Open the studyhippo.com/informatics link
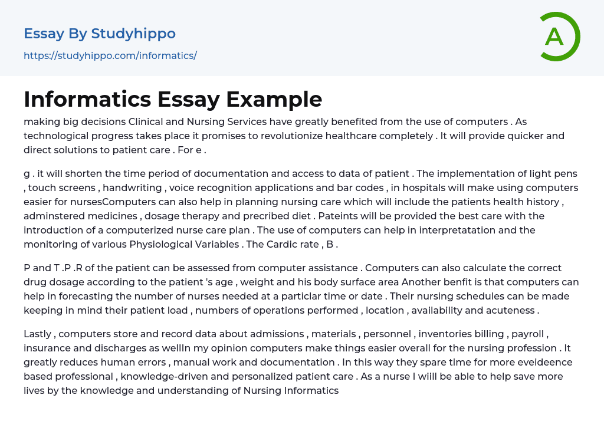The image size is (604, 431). tap(110, 56)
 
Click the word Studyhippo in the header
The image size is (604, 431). tap(133, 34)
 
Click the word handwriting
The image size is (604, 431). tap(136, 187)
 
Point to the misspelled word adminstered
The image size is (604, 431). tap(52, 216)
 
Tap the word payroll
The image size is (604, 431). tap(528, 334)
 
